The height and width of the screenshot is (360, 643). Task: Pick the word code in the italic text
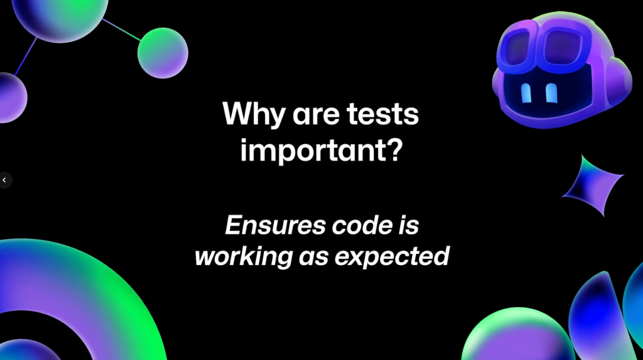tap(362, 225)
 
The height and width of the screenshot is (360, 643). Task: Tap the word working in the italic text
tap(244, 256)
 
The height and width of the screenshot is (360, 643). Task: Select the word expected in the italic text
tap(392, 256)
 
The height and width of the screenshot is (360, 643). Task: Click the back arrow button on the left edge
tap(5, 180)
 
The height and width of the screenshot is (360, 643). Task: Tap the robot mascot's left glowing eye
tap(526, 93)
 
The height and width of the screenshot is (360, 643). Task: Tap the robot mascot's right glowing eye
tap(551, 93)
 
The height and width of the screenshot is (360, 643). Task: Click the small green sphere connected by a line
tap(163, 53)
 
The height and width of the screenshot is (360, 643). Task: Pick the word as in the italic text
tap(313, 258)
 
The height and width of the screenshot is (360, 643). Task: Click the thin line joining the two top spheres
tap(121, 30)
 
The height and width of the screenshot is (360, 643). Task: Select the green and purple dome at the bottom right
tap(516, 334)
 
